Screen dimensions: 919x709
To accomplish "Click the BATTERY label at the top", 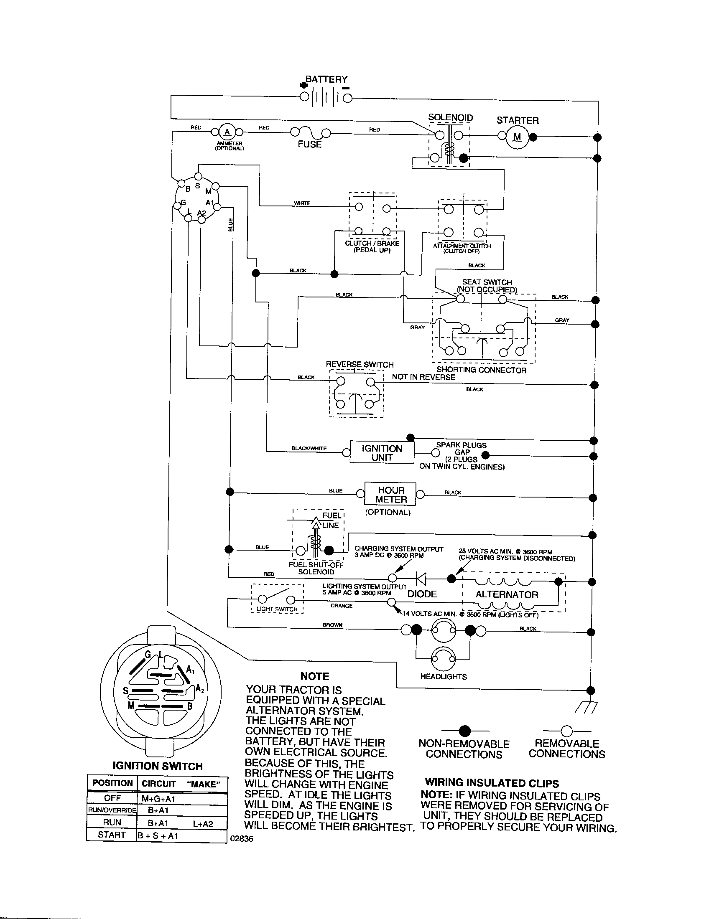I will point(326,79).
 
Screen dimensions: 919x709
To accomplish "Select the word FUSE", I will point(309,145).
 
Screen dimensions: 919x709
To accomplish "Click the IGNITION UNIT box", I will point(382,453).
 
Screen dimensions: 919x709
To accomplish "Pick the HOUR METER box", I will point(391,495).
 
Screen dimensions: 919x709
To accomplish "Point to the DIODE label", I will point(422,594).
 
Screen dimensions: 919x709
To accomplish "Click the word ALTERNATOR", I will point(507,594).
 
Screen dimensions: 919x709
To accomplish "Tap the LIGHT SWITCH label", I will point(277,609).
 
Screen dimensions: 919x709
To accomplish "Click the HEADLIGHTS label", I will point(444,677).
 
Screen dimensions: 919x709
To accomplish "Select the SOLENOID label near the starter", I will point(451,117).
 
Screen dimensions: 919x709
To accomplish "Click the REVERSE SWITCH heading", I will point(360,364).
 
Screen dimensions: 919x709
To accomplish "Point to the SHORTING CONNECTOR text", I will point(481,370).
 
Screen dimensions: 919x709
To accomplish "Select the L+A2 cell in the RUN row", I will point(203,824).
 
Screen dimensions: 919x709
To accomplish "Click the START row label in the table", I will point(112,835).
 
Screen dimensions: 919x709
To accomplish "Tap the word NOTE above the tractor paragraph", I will point(314,676).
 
